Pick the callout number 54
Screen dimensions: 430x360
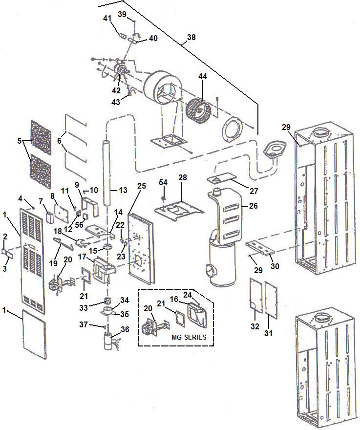pos(163,182)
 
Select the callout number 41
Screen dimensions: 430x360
pos(107,18)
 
